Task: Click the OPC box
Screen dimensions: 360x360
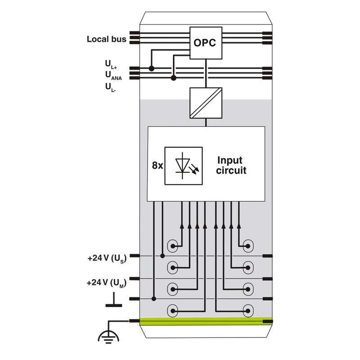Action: [x=206, y=43]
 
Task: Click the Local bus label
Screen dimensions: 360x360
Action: [x=107, y=39]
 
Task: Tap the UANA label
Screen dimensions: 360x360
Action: [x=113, y=76]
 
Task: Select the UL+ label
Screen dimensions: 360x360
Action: [x=111, y=64]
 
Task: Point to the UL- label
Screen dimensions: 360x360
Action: [x=110, y=87]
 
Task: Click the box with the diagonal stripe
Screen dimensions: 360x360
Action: [x=206, y=103]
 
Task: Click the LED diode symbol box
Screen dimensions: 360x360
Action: [x=184, y=166]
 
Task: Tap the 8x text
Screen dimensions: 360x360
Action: [x=157, y=165]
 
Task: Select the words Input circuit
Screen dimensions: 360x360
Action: [x=231, y=165]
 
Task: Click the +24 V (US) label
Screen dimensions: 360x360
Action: [x=107, y=259]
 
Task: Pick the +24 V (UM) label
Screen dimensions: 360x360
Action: [x=107, y=283]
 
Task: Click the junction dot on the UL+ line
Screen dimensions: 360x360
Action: [x=152, y=68]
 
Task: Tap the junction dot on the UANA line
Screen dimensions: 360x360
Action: [x=174, y=78]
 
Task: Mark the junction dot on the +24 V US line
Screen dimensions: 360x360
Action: [x=162, y=256]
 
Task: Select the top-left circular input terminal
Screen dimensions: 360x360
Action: [x=172, y=246]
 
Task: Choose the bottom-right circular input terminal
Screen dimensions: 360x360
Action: [x=248, y=311]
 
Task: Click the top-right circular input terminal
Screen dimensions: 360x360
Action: [x=248, y=246]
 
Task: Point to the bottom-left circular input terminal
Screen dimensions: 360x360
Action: [x=172, y=311]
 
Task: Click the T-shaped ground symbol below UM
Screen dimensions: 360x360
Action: [x=114, y=300]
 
